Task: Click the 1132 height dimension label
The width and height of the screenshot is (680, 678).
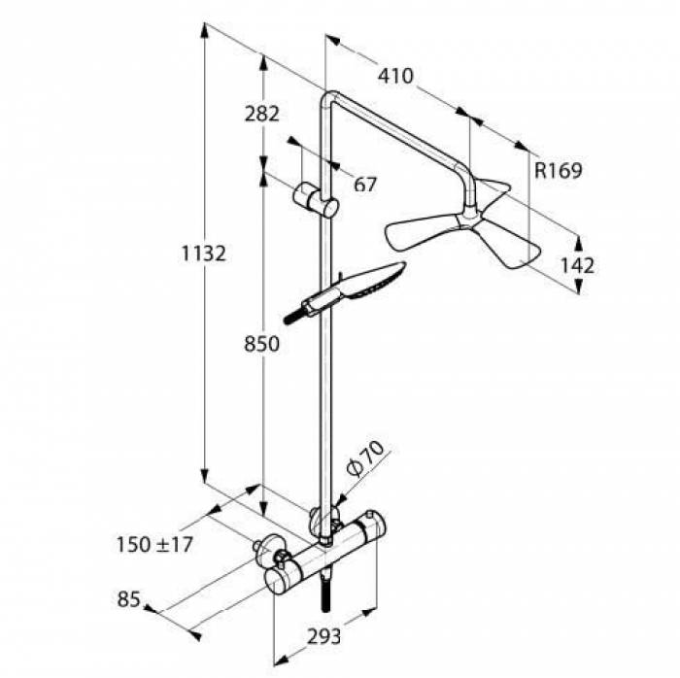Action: coord(203,254)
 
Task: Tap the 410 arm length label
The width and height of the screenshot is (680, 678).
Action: coord(395,76)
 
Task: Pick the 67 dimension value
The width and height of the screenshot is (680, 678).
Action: coord(364,184)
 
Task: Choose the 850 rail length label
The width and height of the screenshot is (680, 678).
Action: coord(261,344)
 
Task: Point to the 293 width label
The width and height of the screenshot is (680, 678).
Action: coord(324,636)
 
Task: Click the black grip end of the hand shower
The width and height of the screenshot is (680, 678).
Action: coord(292,316)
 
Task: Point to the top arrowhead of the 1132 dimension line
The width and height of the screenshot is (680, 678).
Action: coord(205,29)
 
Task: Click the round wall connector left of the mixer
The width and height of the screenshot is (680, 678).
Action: coord(264,550)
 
